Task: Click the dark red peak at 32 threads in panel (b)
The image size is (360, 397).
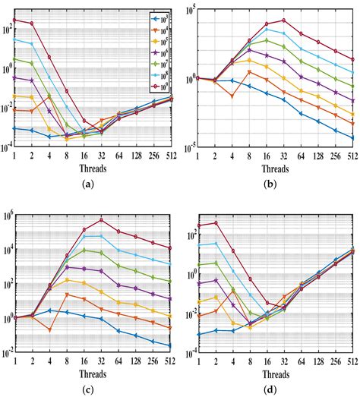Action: (x=284, y=20)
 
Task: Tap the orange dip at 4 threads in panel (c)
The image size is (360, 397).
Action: (x=49, y=329)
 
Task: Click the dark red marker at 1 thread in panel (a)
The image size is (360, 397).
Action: (x=14, y=20)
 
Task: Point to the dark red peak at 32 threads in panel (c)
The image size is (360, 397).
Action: (x=101, y=220)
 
